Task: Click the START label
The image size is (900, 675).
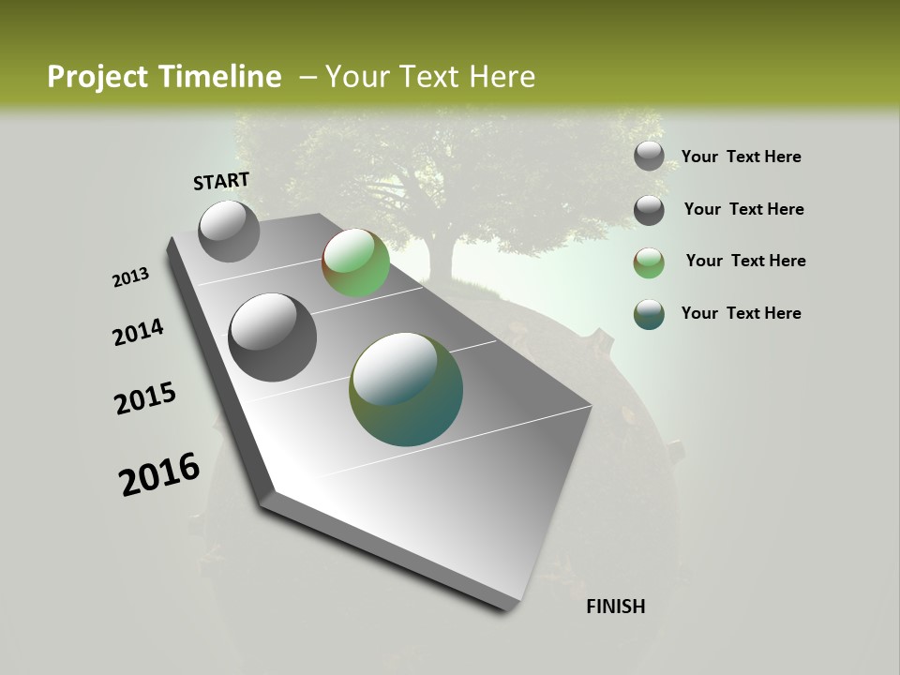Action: coord(221,181)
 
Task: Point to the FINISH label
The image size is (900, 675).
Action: coord(615,607)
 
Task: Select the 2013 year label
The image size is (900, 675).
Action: coord(131,277)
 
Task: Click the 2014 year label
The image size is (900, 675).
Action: coord(139,333)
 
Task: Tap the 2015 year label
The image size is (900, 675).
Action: coord(145,398)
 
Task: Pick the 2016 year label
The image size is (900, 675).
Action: coord(159,474)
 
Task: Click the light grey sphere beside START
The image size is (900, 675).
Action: coord(230,231)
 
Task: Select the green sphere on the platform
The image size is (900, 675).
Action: coord(355,262)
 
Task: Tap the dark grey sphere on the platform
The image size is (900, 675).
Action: coord(273,337)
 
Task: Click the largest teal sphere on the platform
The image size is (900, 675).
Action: coord(406,389)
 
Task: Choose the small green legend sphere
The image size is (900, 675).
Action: coord(649,262)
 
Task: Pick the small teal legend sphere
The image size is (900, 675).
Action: coord(649,314)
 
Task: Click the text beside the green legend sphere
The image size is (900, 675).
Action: coord(745,261)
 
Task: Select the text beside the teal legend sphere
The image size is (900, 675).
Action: coord(741,313)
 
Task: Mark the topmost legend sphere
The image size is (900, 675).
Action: coord(649,156)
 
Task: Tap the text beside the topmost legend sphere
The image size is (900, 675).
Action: coord(741,157)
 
